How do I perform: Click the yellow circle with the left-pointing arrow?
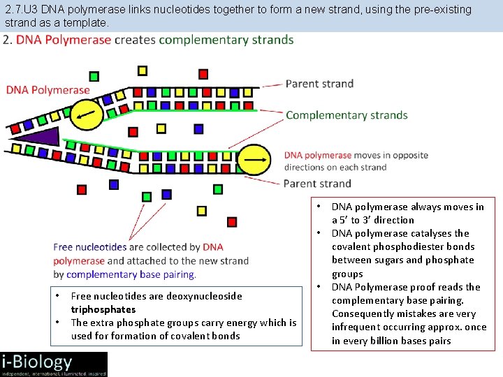tap(87, 112)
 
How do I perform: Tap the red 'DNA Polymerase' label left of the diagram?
tap(48, 90)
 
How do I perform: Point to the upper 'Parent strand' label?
tap(319, 84)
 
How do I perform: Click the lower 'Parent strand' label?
tap(317, 184)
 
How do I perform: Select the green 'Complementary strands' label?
tap(347, 115)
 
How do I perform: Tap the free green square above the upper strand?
tap(94, 76)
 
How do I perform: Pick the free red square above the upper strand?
tap(203, 74)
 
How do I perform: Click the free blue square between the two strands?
tap(198, 128)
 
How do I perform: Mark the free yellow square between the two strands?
tap(161, 128)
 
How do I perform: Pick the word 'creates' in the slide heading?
tap(136, 40)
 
